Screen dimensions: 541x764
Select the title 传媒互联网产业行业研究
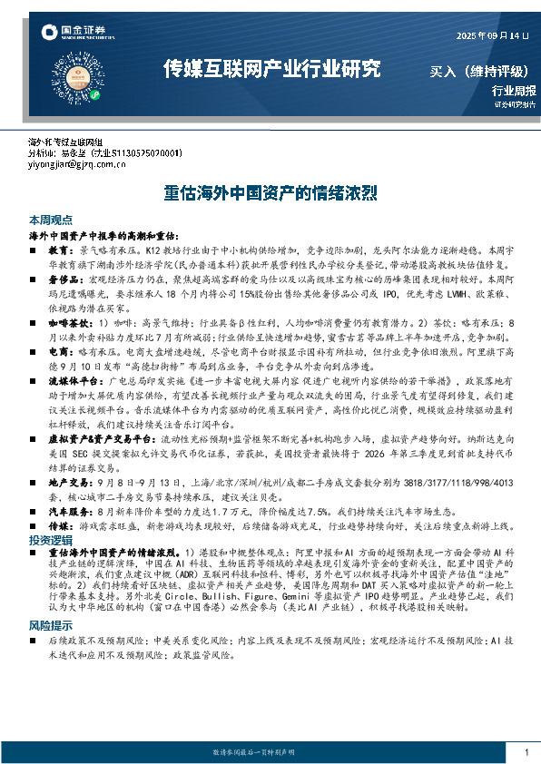270,69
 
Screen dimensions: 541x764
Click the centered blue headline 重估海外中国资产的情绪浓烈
270,193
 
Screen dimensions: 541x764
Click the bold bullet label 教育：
61,248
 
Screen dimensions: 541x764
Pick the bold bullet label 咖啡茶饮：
68,323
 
